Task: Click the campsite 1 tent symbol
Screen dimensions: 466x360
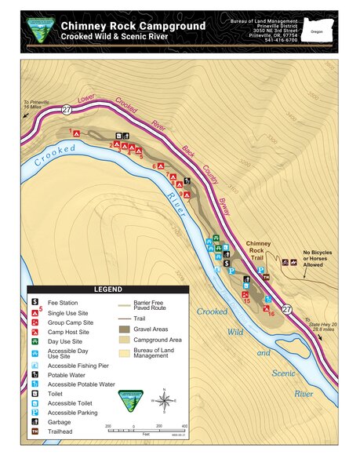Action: [x=77, y=133]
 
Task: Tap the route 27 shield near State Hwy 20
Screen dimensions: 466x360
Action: [x=287, y=310]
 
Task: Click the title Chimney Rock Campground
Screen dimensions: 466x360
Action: [x=133, y=25]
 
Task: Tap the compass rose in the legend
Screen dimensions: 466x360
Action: [x=164, y=402]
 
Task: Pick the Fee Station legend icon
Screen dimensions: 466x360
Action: [x=35, y=301]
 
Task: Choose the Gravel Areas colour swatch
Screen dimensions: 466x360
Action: [x=124, y=328]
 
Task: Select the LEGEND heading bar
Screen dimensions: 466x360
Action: [x=108, y=289]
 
